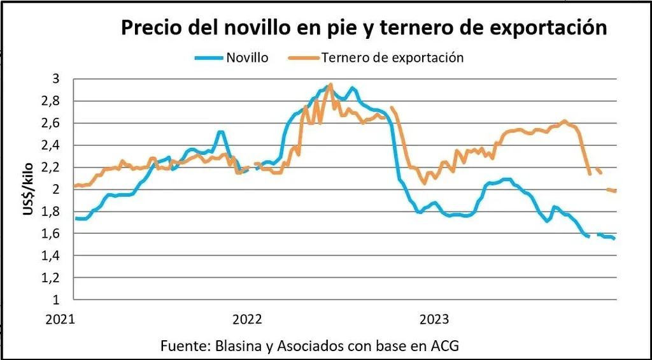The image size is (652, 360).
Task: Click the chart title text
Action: pyautogui.click(x=364, y=28)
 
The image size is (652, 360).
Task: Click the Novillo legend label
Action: pyautogui.click(x=247, y=57)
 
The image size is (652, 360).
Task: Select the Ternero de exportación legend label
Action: pyautogui.click(x=392, y=57)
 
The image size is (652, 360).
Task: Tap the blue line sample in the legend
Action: pyautogui.click(x=208, y=58)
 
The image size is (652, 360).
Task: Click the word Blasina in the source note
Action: pyautogui.click(x=236, y=346)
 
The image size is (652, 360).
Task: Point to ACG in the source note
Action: pyautogui.click(x=444, y=346)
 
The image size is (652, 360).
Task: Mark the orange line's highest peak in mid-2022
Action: pyautogui.click(x=330, y=84)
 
